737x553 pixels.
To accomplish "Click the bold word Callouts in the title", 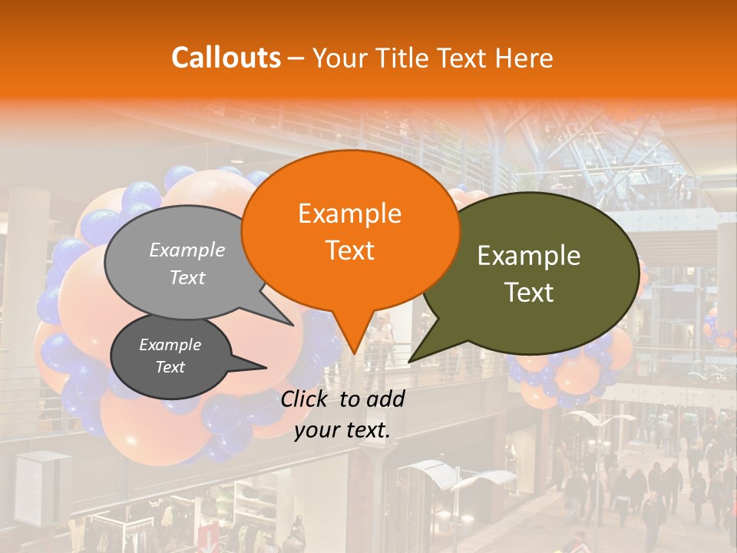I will tap(226, 58).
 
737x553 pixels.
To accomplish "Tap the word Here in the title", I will tap(524, 58).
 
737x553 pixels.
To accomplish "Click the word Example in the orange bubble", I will tap(349, 214).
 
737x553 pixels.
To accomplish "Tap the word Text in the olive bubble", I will tap(529, 293).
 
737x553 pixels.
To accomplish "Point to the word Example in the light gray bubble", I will tap(187, 250).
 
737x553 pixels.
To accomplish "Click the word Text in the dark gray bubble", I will tap(170, 367).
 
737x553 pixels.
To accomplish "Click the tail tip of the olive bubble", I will tap(409, 361).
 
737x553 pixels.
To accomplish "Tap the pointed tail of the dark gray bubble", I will tap(266, 367).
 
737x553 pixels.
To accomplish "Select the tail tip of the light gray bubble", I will tap(292, 325).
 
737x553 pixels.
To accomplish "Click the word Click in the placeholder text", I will tap(307, 399).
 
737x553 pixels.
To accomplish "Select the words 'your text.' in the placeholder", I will tap(342, 430).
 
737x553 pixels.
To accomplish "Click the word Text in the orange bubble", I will tap(349, 250).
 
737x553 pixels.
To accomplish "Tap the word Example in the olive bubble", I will tap(529, 256).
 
